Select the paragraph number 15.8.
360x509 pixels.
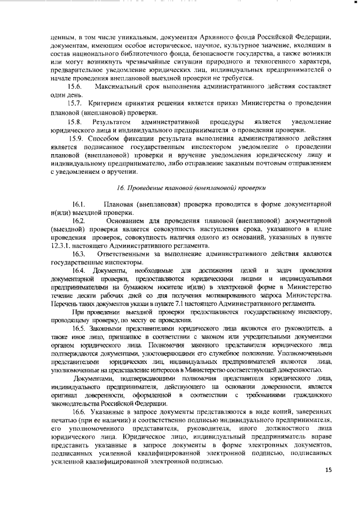(75, 121)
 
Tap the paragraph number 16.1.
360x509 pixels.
(78, 203)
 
